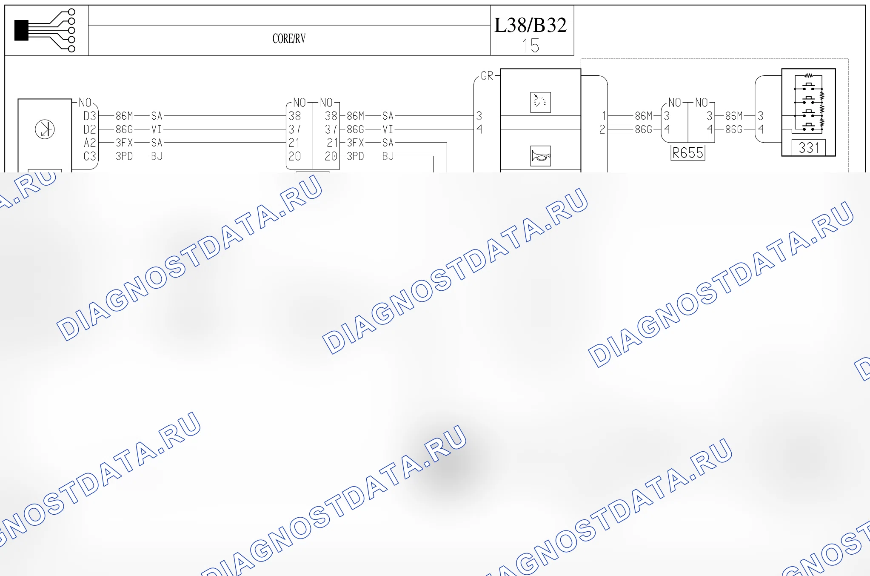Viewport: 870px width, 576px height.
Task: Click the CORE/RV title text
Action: pyautogui.click(x=289, y=39)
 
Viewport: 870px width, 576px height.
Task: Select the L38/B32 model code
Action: pyautogui.click(x=531, y=25)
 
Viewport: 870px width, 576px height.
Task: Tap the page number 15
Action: pyautogui.click(x=531, y=46)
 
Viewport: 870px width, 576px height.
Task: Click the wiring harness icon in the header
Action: pyautogui.click(x=45, y=30)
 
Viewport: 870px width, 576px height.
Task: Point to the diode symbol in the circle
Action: pyautogui.click(x=45, y=129)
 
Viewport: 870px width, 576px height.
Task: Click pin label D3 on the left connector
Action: pyautogui.click(x=90, y=116)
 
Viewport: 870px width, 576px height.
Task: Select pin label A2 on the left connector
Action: pyautogui.click(x=90, y=143)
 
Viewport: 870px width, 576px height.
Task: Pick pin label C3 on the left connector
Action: pyautogui.click(x=90, y=156)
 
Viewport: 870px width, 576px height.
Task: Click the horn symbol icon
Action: pyautogui.click(x=541, y=156)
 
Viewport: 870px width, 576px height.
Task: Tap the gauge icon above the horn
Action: pyautogui.click(x=541, y=102)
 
